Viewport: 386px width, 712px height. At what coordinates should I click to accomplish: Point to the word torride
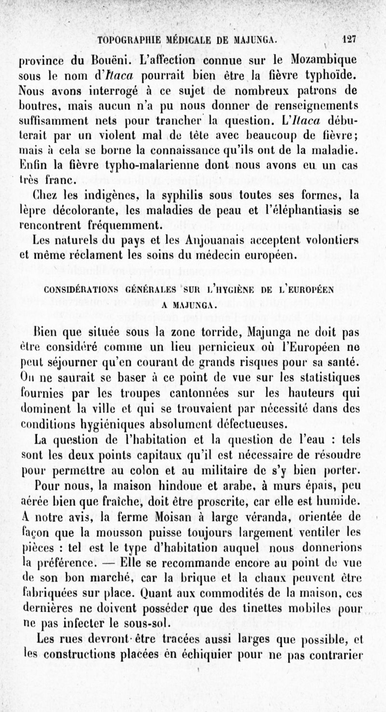coord(218,333)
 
